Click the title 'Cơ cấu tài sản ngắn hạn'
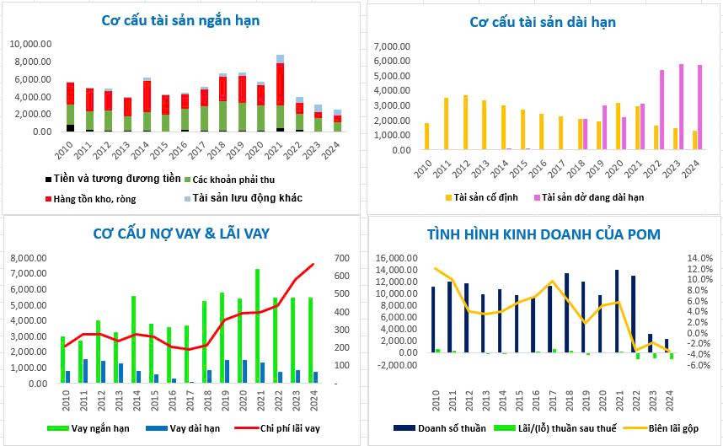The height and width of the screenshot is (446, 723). (x=180, y=20)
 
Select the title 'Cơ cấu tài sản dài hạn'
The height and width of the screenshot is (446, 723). (x=543, y=22)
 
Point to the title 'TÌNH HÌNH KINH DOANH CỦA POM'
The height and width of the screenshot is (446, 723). (x=544, y=234)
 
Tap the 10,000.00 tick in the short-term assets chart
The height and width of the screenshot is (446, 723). (x=31, y=44)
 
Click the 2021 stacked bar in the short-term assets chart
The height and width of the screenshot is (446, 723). (x=280, y=93)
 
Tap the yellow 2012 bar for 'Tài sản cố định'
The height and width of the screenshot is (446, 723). (x=464, y=122)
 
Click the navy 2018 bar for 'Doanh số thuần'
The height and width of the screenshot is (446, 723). (x=566, y=313)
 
